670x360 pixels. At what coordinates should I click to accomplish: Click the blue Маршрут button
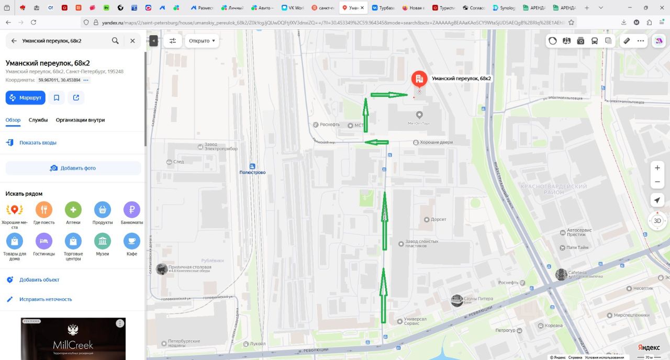point(26,98)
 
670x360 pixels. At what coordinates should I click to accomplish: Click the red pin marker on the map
point(419,80)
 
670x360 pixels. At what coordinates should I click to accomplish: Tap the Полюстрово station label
point(252,172)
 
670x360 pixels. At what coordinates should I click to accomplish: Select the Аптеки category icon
point(73,210)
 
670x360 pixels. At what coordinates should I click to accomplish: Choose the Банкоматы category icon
point(131,210)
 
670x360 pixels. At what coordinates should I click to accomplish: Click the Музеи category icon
point(102,241)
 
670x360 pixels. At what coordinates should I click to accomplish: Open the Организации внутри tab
point(80,120)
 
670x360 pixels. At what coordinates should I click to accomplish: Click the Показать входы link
point(38,142)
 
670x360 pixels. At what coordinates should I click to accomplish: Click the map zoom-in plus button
point(657,168)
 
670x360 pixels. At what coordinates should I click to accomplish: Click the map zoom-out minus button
point(657,182)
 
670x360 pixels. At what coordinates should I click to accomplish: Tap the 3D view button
point(657,220)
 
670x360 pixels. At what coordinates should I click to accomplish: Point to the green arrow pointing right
point(388,95)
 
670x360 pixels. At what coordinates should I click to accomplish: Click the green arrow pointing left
point(376,142)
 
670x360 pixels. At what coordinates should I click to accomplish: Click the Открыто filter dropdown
point(202,41)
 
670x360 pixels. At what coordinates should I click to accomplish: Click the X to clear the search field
point(132,41)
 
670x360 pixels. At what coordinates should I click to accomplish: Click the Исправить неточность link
point(46,299)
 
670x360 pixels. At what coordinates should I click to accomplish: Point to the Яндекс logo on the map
point(649,347)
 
